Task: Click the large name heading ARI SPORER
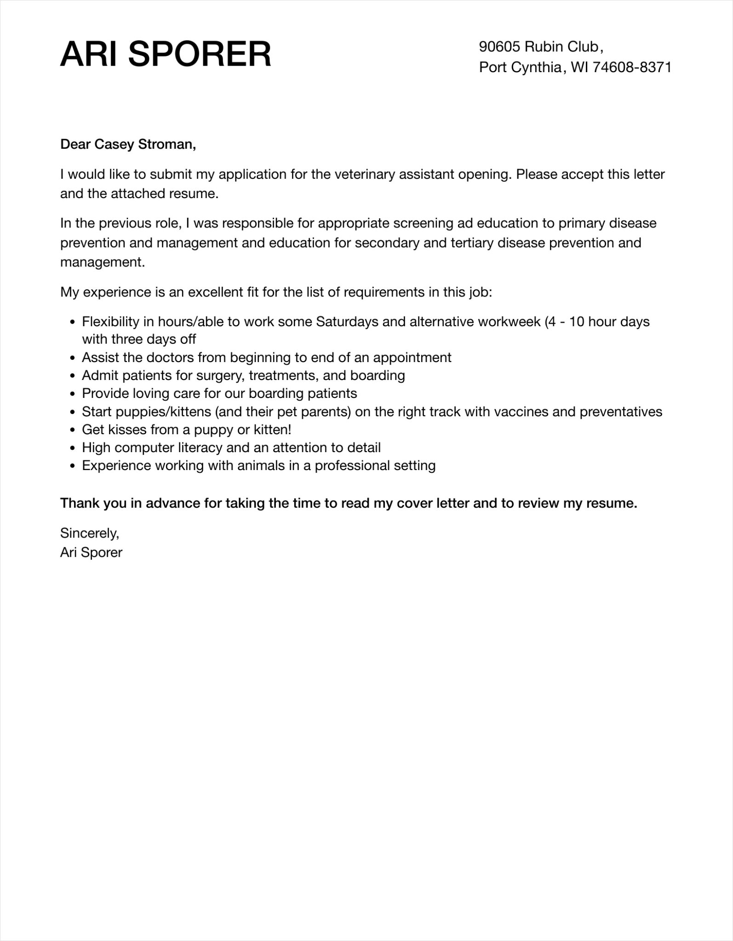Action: (166, 54)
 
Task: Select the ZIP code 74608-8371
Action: (632, 68)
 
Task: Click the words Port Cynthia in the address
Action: (520, 68)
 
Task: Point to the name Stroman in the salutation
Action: (167, 144)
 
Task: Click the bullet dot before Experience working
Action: (72, 466)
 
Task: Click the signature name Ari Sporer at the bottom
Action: (91, 552)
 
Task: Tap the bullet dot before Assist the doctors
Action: (72, 358)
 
